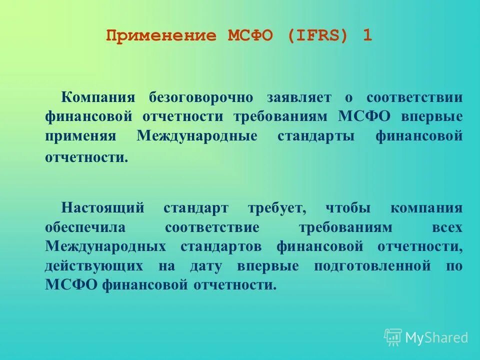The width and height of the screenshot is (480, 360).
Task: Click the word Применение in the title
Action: click(x=161, y=36)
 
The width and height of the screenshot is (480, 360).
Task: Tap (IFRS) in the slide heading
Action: click(x=317, y=36)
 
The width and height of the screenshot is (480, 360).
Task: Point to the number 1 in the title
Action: click(x=367, y=36)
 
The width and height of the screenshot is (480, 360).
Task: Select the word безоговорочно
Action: click(x=200, y=97)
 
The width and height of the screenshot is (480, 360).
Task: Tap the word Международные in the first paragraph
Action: click(x=197, y=136)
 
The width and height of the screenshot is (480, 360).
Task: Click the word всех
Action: click(x=447, y=227)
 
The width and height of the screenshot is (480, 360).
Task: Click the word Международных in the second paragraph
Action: click(x=105, y=246)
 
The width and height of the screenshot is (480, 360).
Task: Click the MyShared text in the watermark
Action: click(x=436, y=338)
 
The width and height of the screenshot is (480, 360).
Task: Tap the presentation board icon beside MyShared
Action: click(x=393, y=337)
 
